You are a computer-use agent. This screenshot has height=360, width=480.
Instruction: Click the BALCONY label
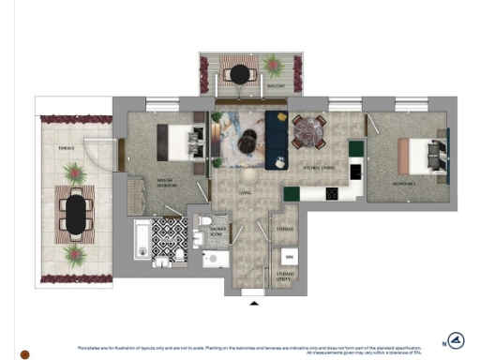276,86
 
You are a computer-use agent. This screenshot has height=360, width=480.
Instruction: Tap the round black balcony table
241,72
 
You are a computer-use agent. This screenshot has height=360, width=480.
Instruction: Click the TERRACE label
67,147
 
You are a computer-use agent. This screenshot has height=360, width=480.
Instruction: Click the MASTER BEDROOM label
142,183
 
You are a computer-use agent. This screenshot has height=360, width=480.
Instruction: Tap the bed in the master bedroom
178,142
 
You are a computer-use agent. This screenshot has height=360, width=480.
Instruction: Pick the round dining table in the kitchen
307,132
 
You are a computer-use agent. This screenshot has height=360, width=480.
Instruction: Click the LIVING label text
245,193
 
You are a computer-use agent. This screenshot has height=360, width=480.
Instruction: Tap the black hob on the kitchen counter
332,193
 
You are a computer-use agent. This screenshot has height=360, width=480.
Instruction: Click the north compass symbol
456,341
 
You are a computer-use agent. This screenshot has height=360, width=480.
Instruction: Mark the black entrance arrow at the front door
253,303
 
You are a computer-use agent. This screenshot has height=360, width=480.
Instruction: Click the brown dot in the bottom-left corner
26,353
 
